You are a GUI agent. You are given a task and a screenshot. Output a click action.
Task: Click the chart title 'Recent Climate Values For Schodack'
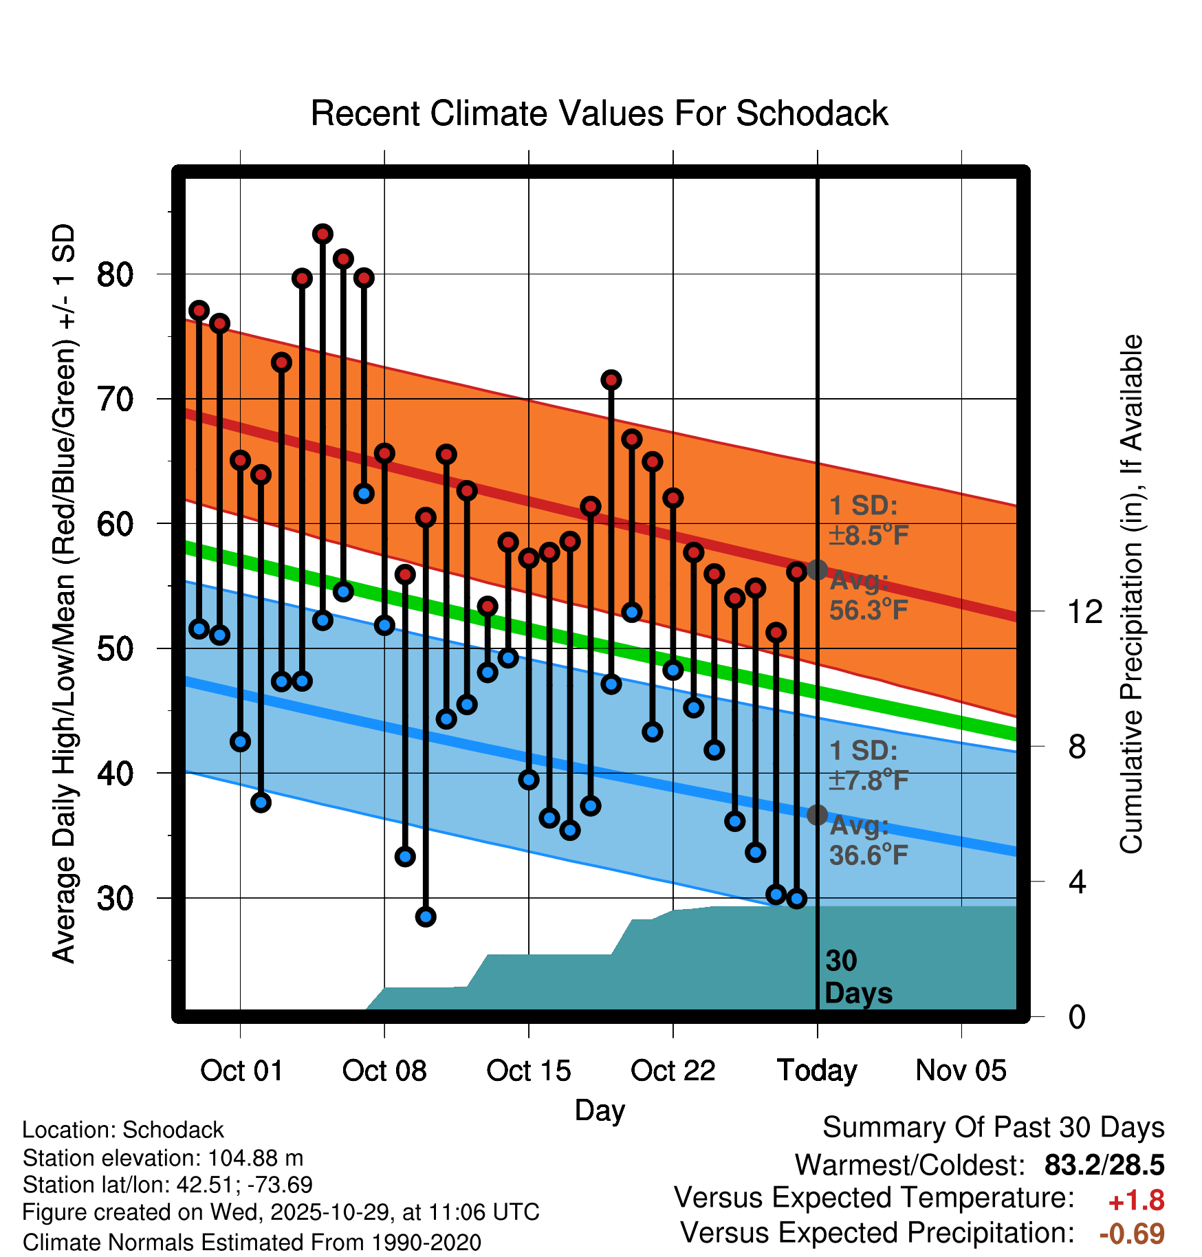(x=599, y=113)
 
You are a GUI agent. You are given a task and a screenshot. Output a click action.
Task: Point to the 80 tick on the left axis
(x=115, y=274)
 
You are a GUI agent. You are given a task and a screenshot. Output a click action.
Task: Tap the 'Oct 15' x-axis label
(x=528, y=1071)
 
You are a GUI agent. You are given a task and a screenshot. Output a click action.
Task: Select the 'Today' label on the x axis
(x=817, y=1071)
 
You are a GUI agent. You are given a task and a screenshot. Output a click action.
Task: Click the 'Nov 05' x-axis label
(x=961, y=1071)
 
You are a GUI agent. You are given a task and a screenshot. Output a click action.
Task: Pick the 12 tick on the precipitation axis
(x=1084, y=611)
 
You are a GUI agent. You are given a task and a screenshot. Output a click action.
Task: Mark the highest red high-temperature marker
(x=323, y=234)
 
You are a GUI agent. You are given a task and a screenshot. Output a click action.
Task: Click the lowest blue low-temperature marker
(x=426, y=917)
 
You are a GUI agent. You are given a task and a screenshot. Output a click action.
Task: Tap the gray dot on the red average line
(x=817, y=569)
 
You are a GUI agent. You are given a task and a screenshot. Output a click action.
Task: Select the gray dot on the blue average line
(x=817, y=815)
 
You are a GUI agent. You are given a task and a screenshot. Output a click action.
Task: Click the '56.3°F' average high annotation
(x=868, y=610)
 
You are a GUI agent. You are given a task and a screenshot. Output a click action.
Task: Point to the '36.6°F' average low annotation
(x=868, y=855)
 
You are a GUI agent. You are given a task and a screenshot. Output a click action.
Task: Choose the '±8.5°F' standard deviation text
(x=868, y=535)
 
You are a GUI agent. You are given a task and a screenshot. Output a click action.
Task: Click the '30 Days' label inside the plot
(x=857, y=977)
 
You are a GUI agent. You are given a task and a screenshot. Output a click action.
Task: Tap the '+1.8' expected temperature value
(x=1136, y=1201)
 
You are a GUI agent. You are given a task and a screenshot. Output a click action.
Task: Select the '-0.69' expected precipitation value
(x=1132, y=1234)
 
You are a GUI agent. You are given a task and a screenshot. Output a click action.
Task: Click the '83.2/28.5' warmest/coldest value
(x=1104, y=1165)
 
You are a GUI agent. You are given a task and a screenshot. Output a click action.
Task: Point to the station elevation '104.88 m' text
(x=255, y=1158)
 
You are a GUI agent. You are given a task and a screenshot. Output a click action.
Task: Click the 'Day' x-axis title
(x=600, y=1110)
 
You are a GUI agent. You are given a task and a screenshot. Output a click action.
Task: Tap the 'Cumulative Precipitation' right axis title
(x=1130, y=594)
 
